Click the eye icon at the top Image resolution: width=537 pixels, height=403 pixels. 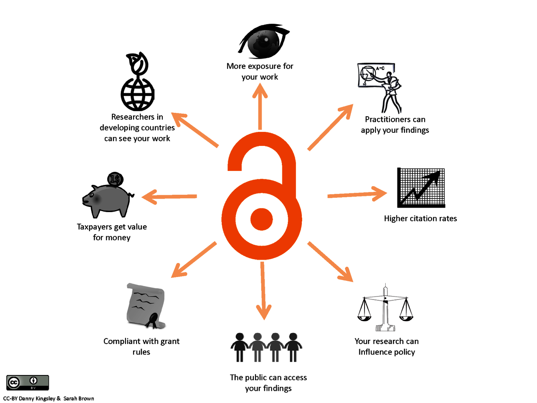coord(263,41)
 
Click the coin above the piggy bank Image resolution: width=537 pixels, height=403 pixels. coord(114,179)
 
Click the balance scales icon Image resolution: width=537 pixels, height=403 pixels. coord(385,308)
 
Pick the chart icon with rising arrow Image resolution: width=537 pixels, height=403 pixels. coord(421,188)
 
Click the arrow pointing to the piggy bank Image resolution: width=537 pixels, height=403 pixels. coord(169,196)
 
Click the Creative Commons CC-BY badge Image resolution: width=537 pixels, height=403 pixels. coord(28,383)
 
